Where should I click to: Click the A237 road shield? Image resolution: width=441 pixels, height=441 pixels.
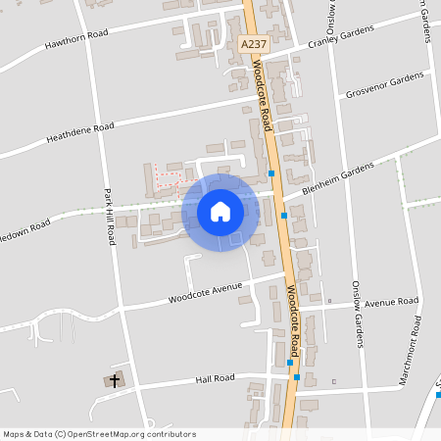[x=253, y=45]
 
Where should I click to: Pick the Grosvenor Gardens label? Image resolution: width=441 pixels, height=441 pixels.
[x=385, y=85]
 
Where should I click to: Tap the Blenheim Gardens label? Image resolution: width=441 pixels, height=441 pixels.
[x=338, y=178]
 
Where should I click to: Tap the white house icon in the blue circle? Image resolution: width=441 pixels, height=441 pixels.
[x=220, y=212]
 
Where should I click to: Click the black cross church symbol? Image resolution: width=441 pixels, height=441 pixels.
[x=115, y=379]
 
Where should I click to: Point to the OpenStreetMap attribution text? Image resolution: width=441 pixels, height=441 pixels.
[x=99, y=434]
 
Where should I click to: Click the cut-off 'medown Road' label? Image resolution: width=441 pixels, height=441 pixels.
[x=24, y=229]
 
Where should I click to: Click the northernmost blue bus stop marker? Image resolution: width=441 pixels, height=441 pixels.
[x=271, y=173]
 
